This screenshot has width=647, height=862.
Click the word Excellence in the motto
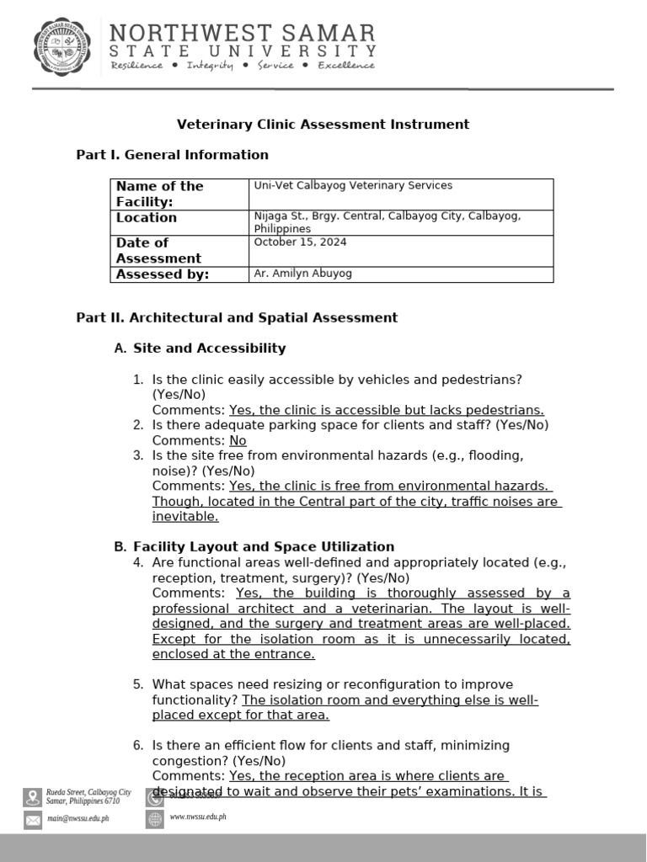click(346, 66)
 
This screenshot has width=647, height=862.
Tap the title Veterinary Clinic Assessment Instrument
click(323, 125)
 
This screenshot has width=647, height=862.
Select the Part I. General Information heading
click(172, 155)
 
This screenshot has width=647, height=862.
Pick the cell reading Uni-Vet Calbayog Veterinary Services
click(353, 185)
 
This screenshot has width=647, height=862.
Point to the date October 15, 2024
click(300, 242)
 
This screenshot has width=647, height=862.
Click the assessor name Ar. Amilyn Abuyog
click(303, 274)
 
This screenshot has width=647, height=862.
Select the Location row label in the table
click(147, 218)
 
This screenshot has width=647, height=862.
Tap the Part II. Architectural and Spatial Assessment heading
click(237, 318)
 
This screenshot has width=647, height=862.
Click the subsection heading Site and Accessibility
click(209, 349)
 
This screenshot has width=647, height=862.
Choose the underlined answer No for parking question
click(238, 440)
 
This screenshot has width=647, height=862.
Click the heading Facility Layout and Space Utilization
click(263, 547)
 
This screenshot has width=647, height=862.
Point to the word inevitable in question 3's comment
click(184, 517)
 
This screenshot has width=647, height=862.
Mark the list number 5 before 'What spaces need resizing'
click(138, 684)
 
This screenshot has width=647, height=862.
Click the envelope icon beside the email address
click(33, 820)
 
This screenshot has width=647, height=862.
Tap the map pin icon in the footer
click(33, 796)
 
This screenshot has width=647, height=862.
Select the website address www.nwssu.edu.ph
click(198, 817)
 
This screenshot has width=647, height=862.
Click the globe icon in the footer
click(154, 819)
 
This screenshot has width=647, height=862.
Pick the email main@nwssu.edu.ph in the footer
click(78, 817)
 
